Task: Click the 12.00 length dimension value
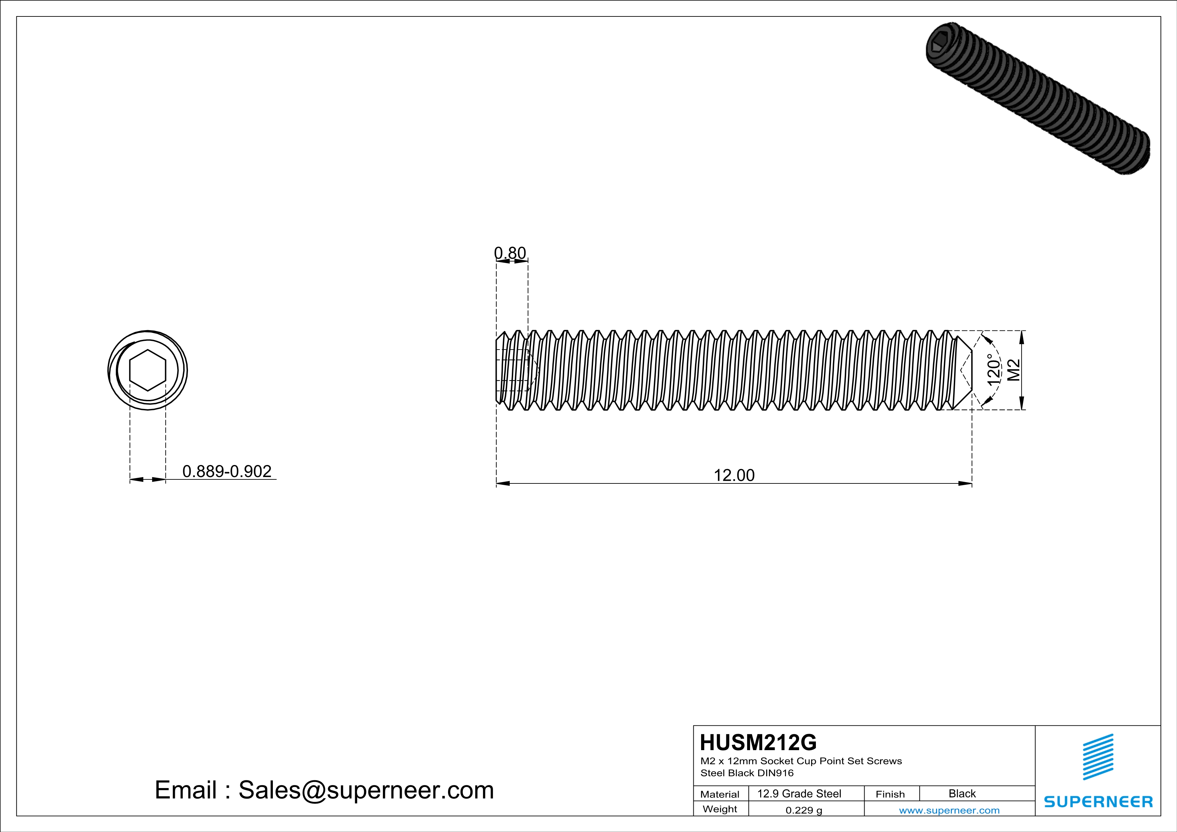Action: [x=734, y=475]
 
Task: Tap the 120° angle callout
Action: [x=993, y=370]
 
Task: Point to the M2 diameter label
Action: [x=1014, y=370]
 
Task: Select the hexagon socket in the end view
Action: [x=148, y=370]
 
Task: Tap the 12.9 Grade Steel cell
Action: [x=799, y=793]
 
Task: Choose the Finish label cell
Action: [x=890, y=794]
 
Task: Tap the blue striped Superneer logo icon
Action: [x=1097, y=757]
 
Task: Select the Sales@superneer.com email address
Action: [x=366, y=790]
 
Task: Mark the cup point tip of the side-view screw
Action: [x=964, y=370]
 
